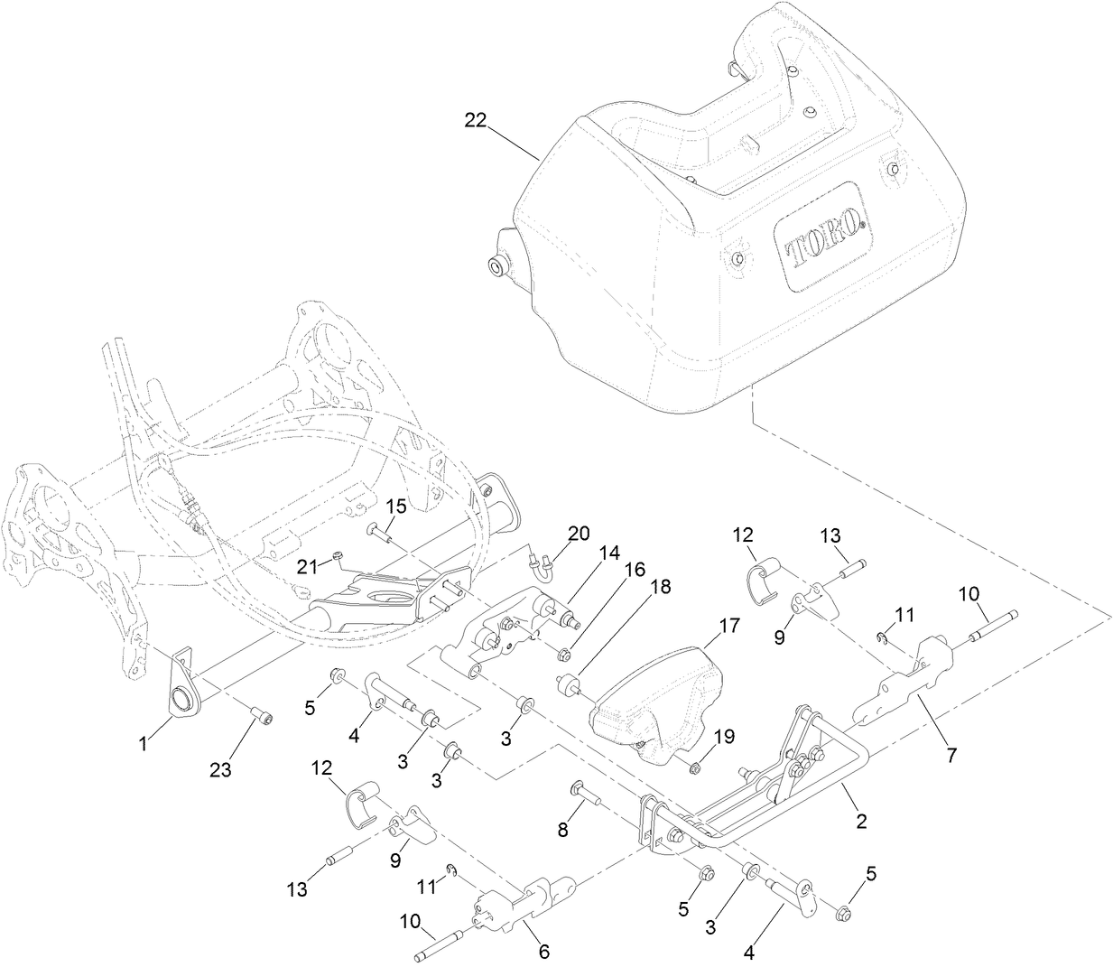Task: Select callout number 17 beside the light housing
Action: (x=728, y=625)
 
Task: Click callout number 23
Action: (x=221, y=769)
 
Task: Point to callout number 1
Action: (x=144, y=745)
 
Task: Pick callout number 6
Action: (x=543, y=952)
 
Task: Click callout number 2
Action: (x=861, y=821)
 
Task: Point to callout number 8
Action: (x=562, y=830)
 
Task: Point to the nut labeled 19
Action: (x=695, y=767)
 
